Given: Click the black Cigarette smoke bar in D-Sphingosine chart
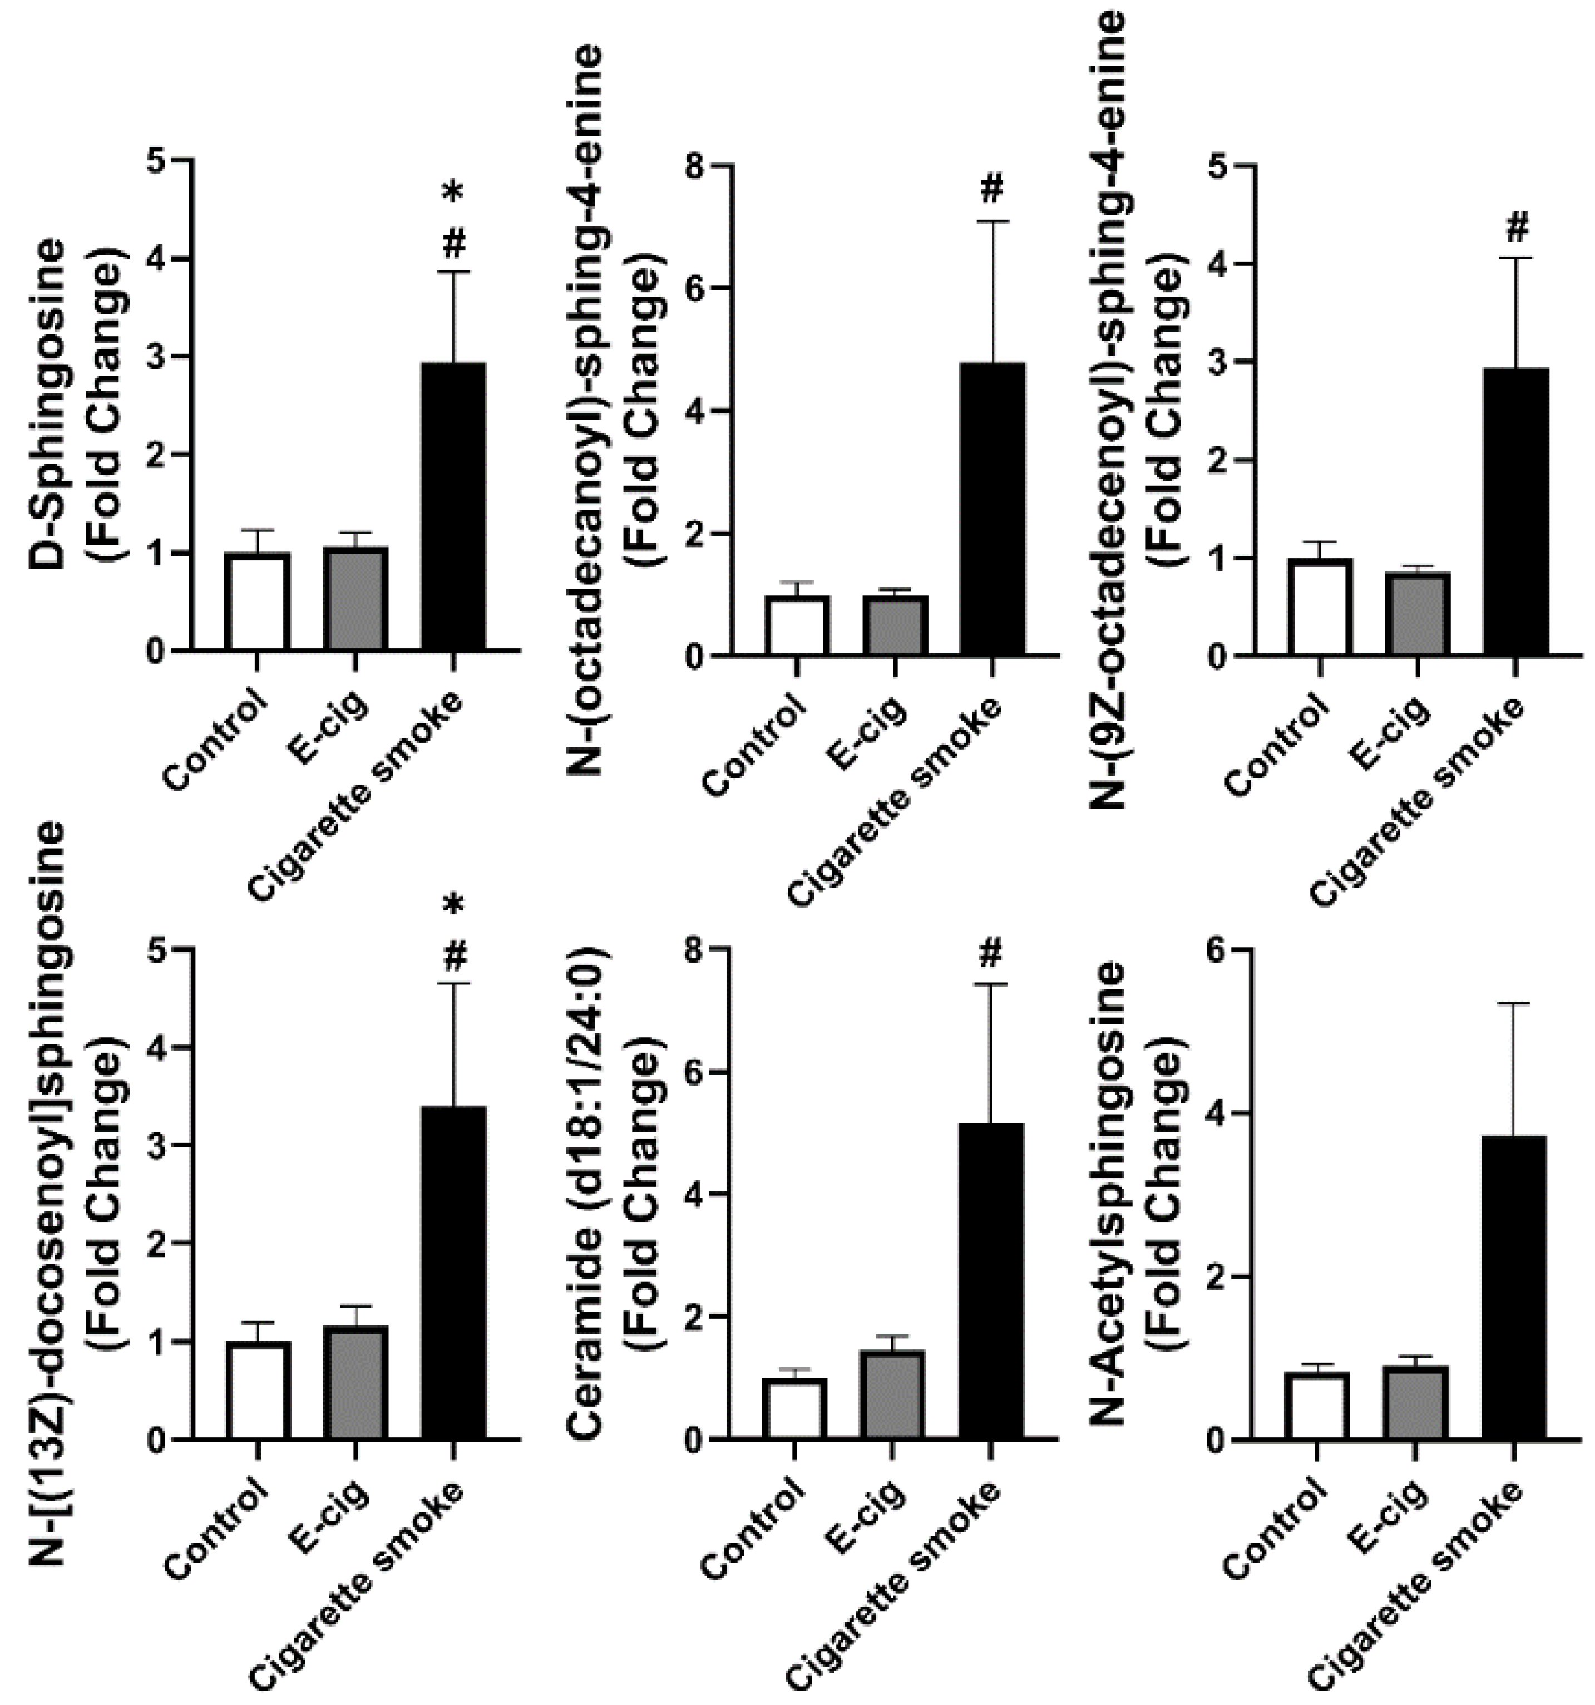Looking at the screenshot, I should pos(453,506).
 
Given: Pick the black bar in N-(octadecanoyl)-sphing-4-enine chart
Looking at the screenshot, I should pos(991,510).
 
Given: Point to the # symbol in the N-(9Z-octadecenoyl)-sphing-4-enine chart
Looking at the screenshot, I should pos(1516,227).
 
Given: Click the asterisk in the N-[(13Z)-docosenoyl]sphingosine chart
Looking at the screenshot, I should pos(453,906).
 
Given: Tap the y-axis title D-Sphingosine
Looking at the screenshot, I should pos(47,403).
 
